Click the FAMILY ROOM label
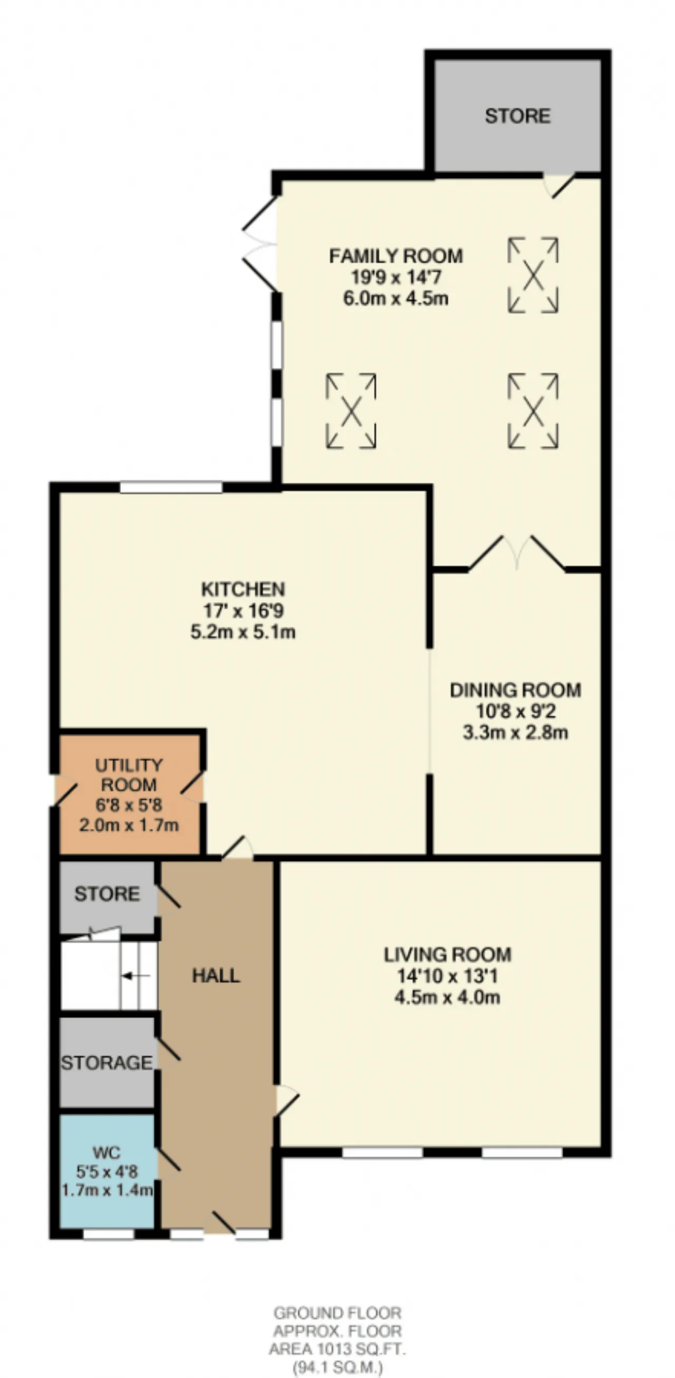(x=396, y=256)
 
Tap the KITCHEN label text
(x=243, y=589)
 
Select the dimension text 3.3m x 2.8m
(x=515, y=732)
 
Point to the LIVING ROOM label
(x=447, y=955)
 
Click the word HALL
(x=216, y=975)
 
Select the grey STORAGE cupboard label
(x=107, y=1062)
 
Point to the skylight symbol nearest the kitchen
(x=351, y=411)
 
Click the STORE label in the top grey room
(x=517, y=116)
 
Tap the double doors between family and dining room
(x=517, y=553)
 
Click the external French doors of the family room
(x=261, y=245)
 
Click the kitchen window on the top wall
(x=171, y=487)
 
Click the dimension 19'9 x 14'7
(x=396, y=277)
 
